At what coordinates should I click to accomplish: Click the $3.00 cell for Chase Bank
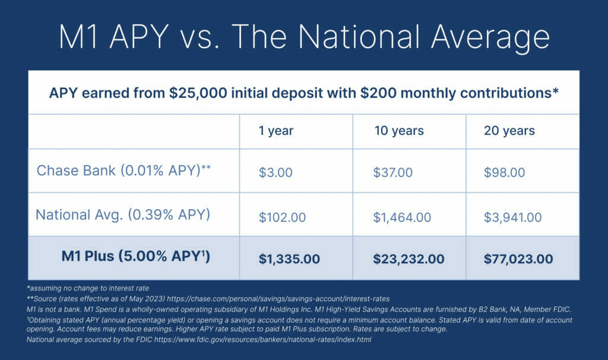click(275, 172)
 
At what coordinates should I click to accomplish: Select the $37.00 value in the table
click(393, 172)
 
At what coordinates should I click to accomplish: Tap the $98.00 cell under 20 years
click(505, 172)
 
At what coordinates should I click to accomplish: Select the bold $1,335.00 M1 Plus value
click(289, 259)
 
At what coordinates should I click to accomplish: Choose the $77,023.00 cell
click(518, 259)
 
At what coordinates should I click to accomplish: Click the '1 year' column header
click(275, 131)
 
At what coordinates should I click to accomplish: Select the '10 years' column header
click(398, 131)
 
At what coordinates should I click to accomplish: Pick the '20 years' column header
click(509, 131)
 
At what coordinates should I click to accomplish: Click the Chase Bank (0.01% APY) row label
click(123, 170)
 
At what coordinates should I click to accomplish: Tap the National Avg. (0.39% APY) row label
click(123, 214)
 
